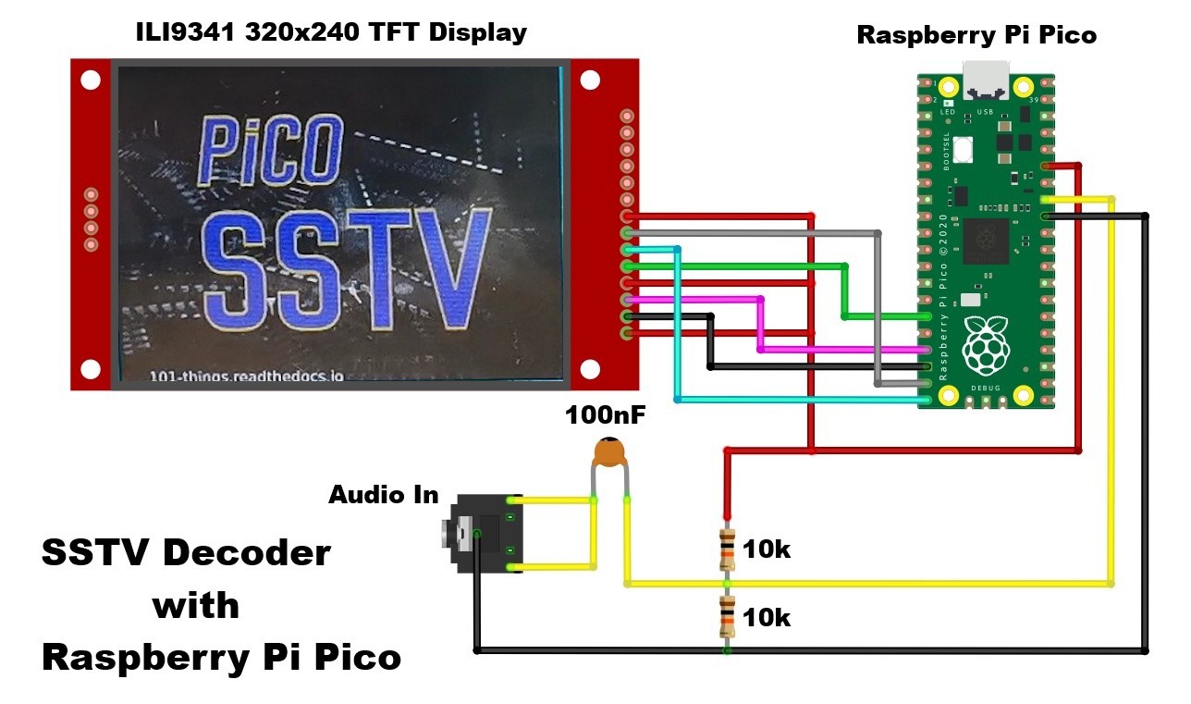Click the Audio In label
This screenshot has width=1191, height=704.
[x=383, y=495]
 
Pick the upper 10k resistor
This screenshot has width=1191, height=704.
[x=727, y=550]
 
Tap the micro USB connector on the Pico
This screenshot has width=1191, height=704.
[x=987, y=80]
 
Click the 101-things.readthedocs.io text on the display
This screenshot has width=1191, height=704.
[x=246, y=376]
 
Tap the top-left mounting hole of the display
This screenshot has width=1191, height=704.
[x=91, y=80]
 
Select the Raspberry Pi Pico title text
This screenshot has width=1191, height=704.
[x=976, y=36]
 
